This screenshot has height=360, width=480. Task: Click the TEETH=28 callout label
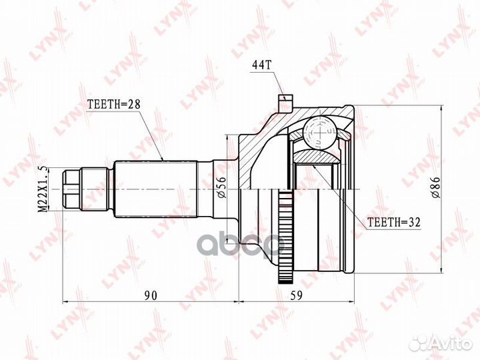[x=113, y=105]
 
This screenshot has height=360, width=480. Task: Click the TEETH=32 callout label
[x=394, y=222]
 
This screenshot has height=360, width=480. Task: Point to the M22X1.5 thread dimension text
[x=43, y=189]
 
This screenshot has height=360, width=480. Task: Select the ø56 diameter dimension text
[x=222, y=187]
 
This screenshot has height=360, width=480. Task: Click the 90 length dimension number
[x=150, y=295]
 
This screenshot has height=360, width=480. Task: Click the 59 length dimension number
[x=296, y=295]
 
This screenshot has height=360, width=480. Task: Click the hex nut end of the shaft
[x=71, y=189]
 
